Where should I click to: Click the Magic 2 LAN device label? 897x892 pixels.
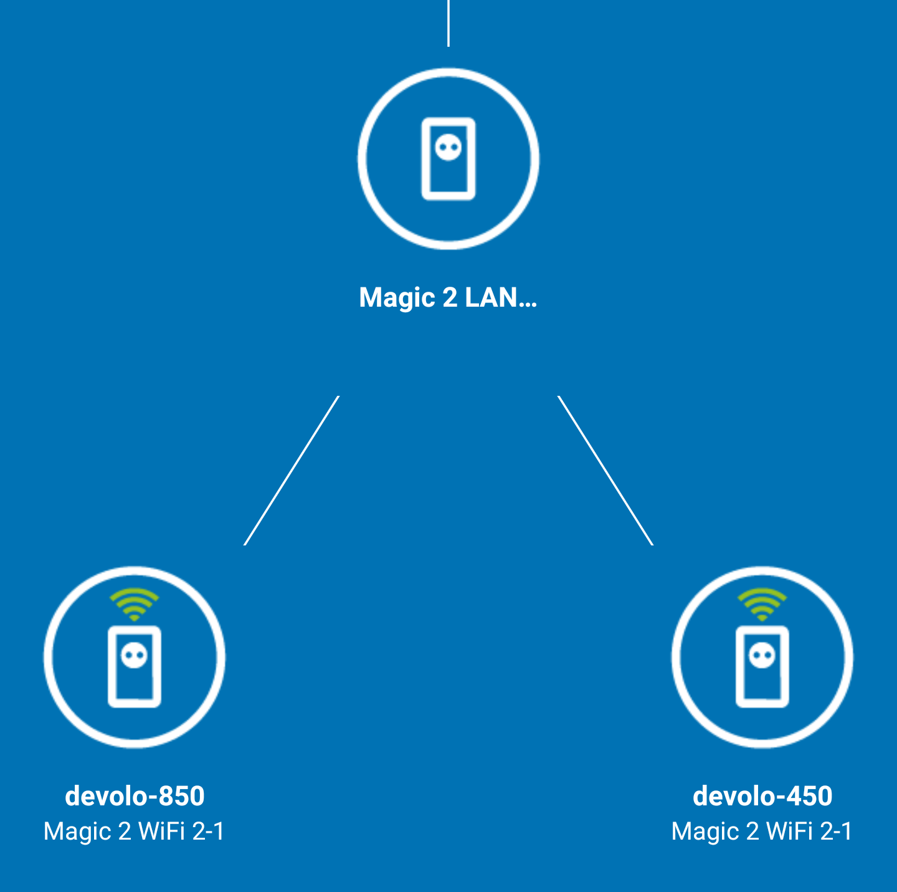(448, 298)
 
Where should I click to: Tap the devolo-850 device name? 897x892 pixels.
(135, 796)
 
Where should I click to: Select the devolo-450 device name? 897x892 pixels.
(762, 796)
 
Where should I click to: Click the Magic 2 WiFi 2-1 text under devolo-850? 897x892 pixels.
(134, 831)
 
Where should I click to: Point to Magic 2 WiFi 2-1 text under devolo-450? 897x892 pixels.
(762, 831)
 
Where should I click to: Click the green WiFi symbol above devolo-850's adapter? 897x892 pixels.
(134, 603)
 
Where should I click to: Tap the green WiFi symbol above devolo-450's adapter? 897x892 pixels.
(762, 603)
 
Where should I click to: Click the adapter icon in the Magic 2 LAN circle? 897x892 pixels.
(448, 159)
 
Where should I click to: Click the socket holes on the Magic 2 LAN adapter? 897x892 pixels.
(448, 148)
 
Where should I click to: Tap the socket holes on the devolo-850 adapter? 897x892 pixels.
(135, 655)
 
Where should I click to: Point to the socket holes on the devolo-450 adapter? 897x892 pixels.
(762, 655)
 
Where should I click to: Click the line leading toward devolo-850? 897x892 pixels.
(292, 471)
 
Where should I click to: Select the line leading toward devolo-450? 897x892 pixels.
(605, 471)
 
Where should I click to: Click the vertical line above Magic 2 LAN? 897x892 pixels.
(448, 22)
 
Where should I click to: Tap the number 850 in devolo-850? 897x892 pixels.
(182, 796)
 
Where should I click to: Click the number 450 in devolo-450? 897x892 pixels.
(810, 796)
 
